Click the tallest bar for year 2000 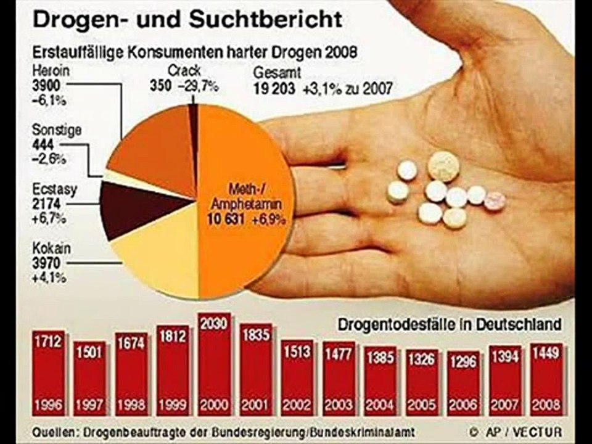point(215,364)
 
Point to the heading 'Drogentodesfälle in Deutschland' point(449,324)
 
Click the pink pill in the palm point(495,201)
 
